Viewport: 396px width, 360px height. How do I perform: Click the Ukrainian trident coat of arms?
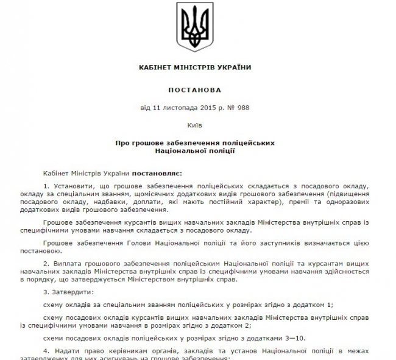coord(195,28)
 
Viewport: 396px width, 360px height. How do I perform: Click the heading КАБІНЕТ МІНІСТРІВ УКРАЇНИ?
coord(195,67)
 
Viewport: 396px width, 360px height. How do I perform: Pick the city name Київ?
coord(195,127)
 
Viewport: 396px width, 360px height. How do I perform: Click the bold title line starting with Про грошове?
coord(195,142)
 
